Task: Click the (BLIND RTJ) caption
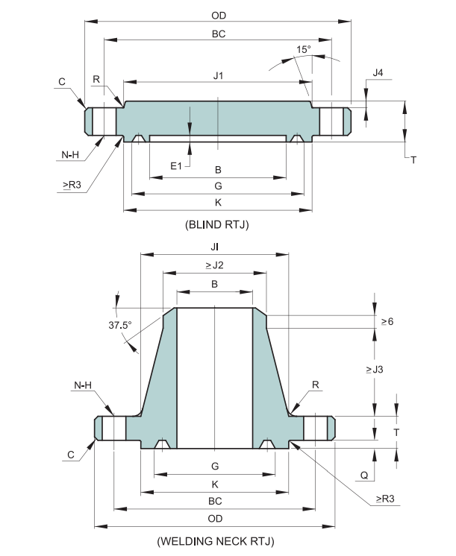pos(216,224)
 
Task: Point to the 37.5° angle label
pos(119,325)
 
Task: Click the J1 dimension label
pos(218,75)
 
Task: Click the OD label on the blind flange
pos(219,15)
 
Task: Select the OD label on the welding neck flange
pos(214,518)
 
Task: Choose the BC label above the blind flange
pos(219,34)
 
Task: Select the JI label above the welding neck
pos(215,245)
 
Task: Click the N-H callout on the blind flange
pos(71,154)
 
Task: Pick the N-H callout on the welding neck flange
pos(83,386)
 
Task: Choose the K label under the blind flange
pos(218,202)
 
